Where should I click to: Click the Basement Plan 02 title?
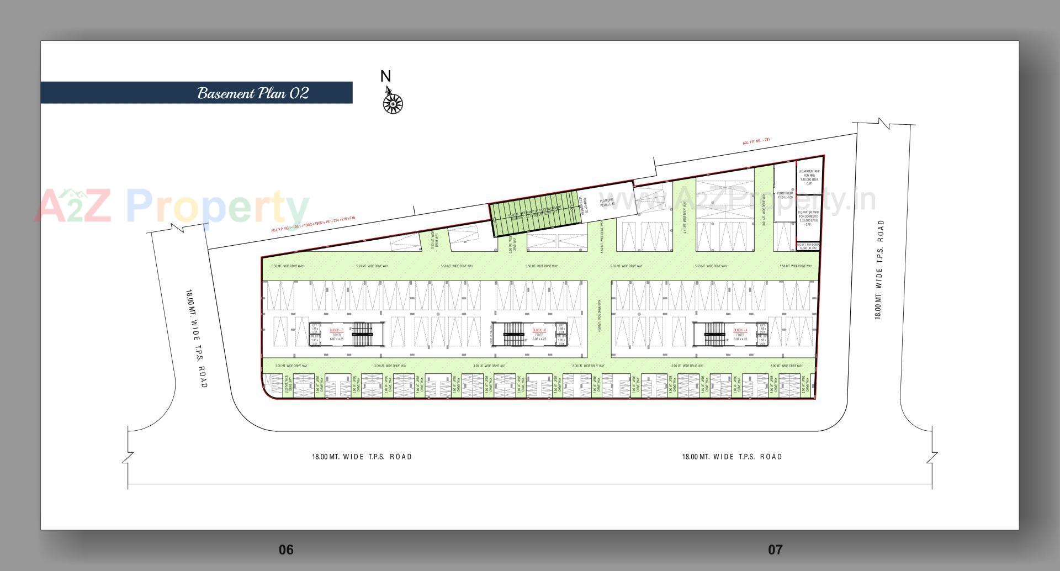(x=253, y=93)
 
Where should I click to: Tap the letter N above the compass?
(x=385, y=76)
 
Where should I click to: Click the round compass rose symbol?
(x=393, y=104)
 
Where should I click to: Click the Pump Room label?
(x=785, y=195)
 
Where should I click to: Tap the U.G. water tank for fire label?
(x=809, y=177)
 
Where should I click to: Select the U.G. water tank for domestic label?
(x=809, y=218)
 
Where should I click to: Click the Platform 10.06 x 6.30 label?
(x=607, y=203)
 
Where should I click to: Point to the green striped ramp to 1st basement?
(x=536, y=214)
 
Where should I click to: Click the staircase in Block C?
(x=362, y=334)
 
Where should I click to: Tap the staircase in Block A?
(x=714, y=334)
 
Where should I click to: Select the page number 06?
(x=286, y=549)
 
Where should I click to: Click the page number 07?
(x=775, y=549)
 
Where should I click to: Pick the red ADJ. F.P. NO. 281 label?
(x=756, y=141)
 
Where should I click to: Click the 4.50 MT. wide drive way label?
(x=600, y=315)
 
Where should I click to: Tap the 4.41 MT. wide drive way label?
(x=685, y=218)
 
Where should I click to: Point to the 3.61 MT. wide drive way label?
(x=764, y=212)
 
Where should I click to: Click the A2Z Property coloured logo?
(x=171, y=206)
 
